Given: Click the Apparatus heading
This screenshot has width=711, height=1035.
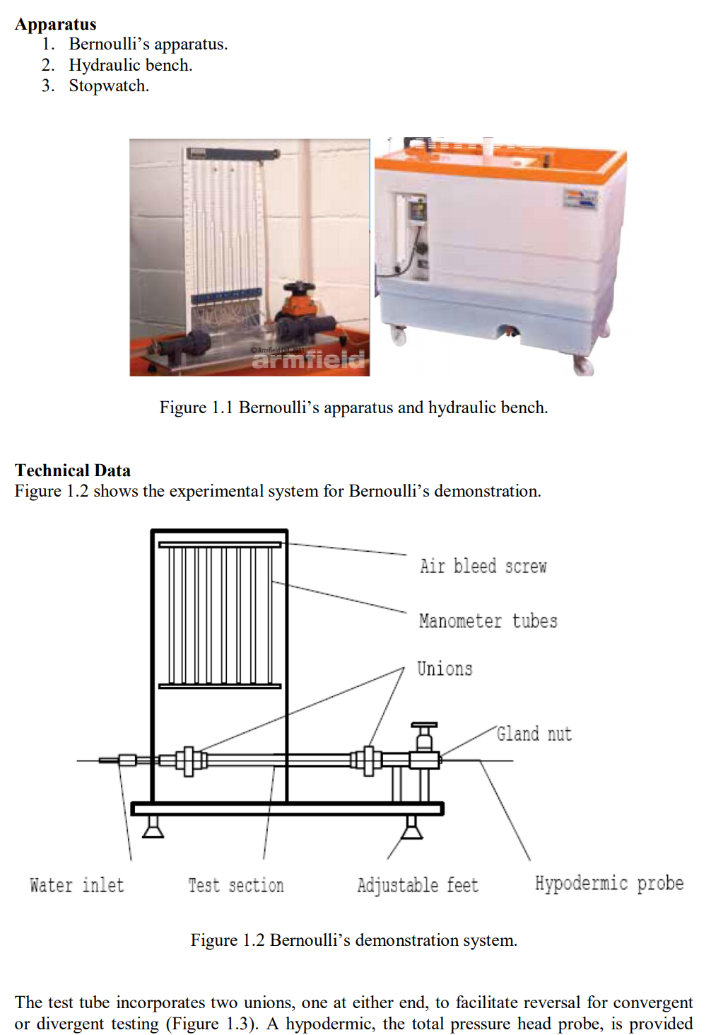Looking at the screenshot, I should click(55, 24).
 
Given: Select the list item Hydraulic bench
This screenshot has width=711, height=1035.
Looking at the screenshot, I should click(130, 65).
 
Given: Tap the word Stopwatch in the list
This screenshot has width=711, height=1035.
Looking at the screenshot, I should click(109, 86).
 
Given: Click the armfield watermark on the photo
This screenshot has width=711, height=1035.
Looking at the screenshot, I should click(308, 359).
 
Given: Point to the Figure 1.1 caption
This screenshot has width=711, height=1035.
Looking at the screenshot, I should click(353, 407).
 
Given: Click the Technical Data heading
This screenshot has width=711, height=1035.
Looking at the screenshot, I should click(73, 470).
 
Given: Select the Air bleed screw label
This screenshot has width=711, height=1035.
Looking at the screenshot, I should click(483, 566).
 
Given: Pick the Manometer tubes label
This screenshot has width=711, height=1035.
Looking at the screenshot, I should click(488, 621).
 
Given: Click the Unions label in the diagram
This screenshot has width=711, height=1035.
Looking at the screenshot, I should click(445, 669).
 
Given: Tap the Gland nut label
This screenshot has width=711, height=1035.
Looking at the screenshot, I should click(534, 734).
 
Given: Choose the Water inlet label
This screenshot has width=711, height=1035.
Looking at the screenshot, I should click(77, 885).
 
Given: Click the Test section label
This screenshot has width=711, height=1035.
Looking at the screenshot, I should click(236, 885).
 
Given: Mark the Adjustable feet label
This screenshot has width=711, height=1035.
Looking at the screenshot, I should click(418, 885).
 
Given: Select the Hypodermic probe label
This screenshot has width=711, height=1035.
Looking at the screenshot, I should click(609, 884).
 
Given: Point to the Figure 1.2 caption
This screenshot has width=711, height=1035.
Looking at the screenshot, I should click(353, 940).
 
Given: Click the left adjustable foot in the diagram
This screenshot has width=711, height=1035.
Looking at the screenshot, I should click(153, 827).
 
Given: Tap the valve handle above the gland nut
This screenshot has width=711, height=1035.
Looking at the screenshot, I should click(424, 727).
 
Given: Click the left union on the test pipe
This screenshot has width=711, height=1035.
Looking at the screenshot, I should click(189, 761).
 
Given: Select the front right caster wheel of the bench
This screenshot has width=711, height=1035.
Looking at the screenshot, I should click(583, 365).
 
